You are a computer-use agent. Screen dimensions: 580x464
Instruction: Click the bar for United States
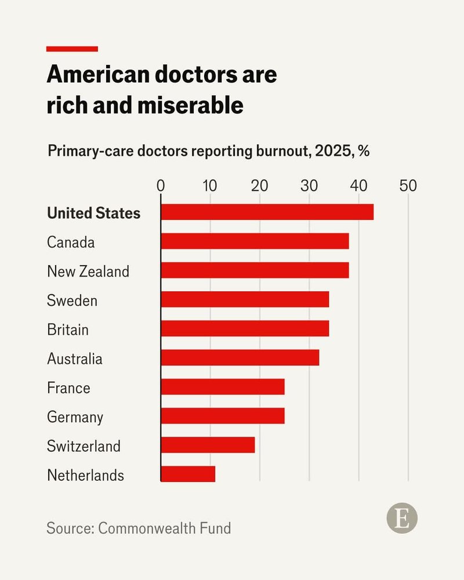[267, 212]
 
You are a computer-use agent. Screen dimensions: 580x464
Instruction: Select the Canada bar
[255, 241]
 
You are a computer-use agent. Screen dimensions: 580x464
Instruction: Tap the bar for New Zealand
[255, 270]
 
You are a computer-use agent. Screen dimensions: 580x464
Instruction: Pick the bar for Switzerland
[208, 445]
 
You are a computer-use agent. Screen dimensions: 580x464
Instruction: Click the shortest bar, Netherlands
[188, 474]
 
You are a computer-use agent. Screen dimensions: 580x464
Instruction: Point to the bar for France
[222, 387]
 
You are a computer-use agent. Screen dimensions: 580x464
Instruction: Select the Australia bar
[240, 358]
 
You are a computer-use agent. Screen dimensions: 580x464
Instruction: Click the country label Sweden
[72, 300]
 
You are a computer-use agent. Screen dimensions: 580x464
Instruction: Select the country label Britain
[68, 329]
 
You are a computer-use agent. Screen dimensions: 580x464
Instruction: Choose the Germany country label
[75, 417]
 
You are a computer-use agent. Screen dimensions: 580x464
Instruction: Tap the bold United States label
[93, 213]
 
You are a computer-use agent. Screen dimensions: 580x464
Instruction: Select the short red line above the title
[72, 49]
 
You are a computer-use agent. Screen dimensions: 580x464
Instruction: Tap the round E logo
[402, 518]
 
